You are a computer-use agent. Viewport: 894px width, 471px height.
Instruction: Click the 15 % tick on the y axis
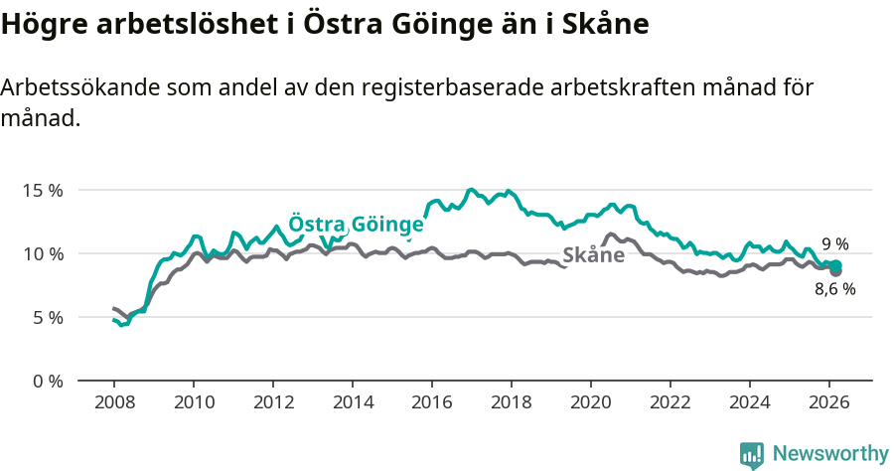click(43, 190)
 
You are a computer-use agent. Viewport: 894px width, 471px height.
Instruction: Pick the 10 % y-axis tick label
click(43, 253)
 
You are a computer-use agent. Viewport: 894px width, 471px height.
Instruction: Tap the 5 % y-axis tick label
click(47, 318)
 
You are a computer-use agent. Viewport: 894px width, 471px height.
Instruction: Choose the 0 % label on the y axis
click(47, 382)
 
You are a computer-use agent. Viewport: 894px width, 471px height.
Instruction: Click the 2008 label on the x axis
click(113, 402)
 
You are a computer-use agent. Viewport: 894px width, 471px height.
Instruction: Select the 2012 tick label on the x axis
click(272, 402)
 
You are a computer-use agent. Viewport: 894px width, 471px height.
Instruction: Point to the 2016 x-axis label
click(432, 402)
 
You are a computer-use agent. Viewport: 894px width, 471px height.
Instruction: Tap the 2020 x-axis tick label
click(591, 402)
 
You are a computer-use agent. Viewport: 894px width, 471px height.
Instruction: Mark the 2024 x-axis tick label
click(750, 402)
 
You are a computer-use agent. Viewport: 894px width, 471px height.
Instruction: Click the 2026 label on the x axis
click(829, 402)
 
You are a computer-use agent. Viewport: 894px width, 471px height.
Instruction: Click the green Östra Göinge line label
click(356, 224)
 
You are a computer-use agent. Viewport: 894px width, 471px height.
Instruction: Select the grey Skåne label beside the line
click(593, 255)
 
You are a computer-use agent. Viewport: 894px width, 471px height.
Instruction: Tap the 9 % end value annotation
click(834, 243)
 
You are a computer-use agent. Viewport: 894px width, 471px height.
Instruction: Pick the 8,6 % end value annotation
click(834, 289)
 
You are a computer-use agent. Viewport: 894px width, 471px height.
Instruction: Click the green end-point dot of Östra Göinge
click(836, 265)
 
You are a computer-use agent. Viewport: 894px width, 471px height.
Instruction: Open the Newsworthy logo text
click(830, 454)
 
